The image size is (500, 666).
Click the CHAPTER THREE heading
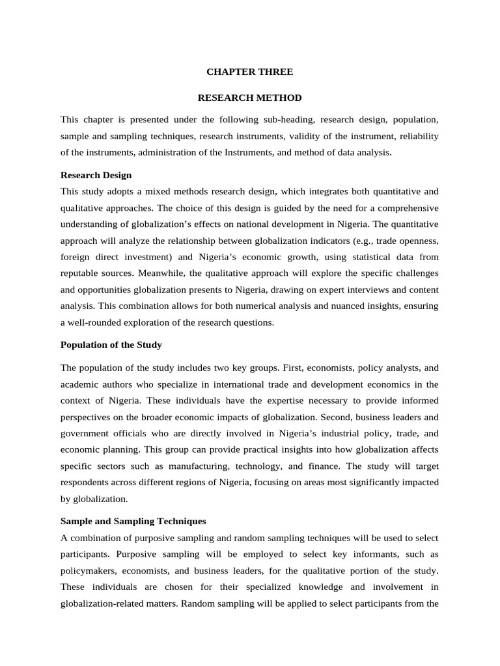point(250,72)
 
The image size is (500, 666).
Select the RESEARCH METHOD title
point(250,98)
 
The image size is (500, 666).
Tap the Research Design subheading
point(96,175)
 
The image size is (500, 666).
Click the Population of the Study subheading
point(111,345)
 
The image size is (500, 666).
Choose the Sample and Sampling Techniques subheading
point(133,521)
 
